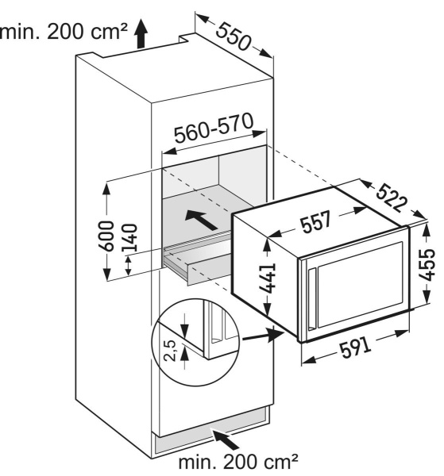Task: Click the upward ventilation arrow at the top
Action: coord(141,33)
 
